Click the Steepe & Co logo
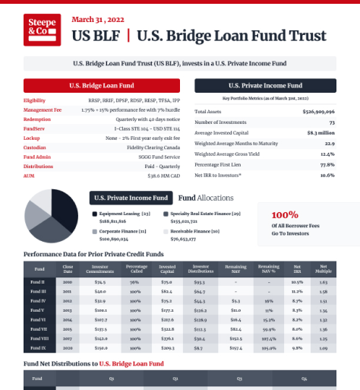click(42, 30)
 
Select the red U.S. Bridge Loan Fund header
click(101, 86)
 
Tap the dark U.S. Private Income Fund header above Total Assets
click(265, 86)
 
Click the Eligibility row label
click(34, 100)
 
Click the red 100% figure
click(285, 214)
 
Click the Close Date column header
click(68, 268)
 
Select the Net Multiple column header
click(324, 268)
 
